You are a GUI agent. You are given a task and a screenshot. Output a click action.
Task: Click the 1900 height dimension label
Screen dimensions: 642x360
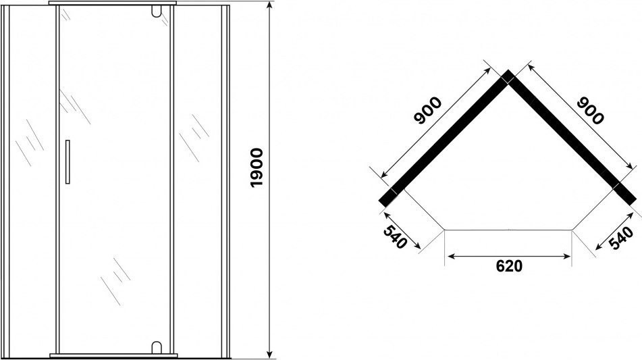(257, 168)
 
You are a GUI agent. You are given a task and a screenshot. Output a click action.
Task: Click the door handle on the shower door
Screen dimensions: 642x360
(68, 162)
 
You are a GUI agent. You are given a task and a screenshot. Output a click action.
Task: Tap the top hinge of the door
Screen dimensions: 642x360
(156, 11)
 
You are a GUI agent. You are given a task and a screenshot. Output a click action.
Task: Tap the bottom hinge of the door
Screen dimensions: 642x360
(156, 347)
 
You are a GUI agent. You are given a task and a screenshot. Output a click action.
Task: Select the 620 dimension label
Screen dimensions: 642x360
(509, 266)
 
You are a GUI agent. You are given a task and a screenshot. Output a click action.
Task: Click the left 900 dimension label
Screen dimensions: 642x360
(428, 110)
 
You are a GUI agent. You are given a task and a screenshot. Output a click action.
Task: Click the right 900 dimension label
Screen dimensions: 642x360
(590, 110)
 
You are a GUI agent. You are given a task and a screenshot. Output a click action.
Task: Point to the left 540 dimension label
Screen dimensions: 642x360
(395, 236)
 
